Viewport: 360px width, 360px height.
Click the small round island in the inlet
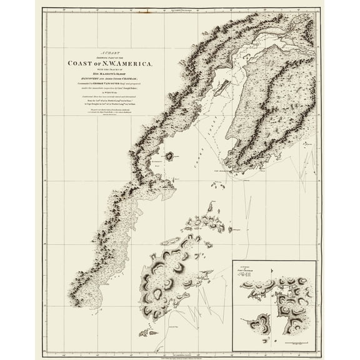coord(171,156)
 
